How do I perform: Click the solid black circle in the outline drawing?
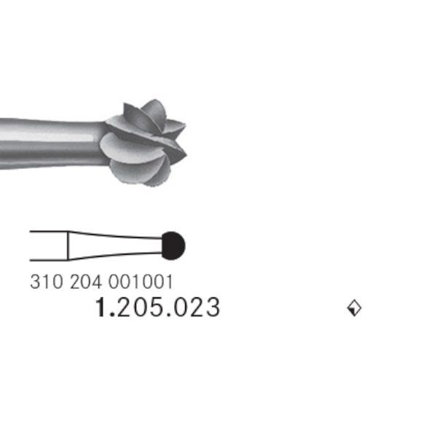click(x=173, y=245)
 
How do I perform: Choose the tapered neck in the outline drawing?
click(x=113, y=245)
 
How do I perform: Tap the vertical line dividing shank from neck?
click(x=68, y=245)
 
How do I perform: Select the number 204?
click(x=86, y=281)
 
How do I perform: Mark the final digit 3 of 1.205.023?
click(x=211, y=308)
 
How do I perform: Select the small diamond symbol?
click(x=354, y=309)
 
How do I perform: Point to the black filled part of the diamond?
click(x=355, y=311)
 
